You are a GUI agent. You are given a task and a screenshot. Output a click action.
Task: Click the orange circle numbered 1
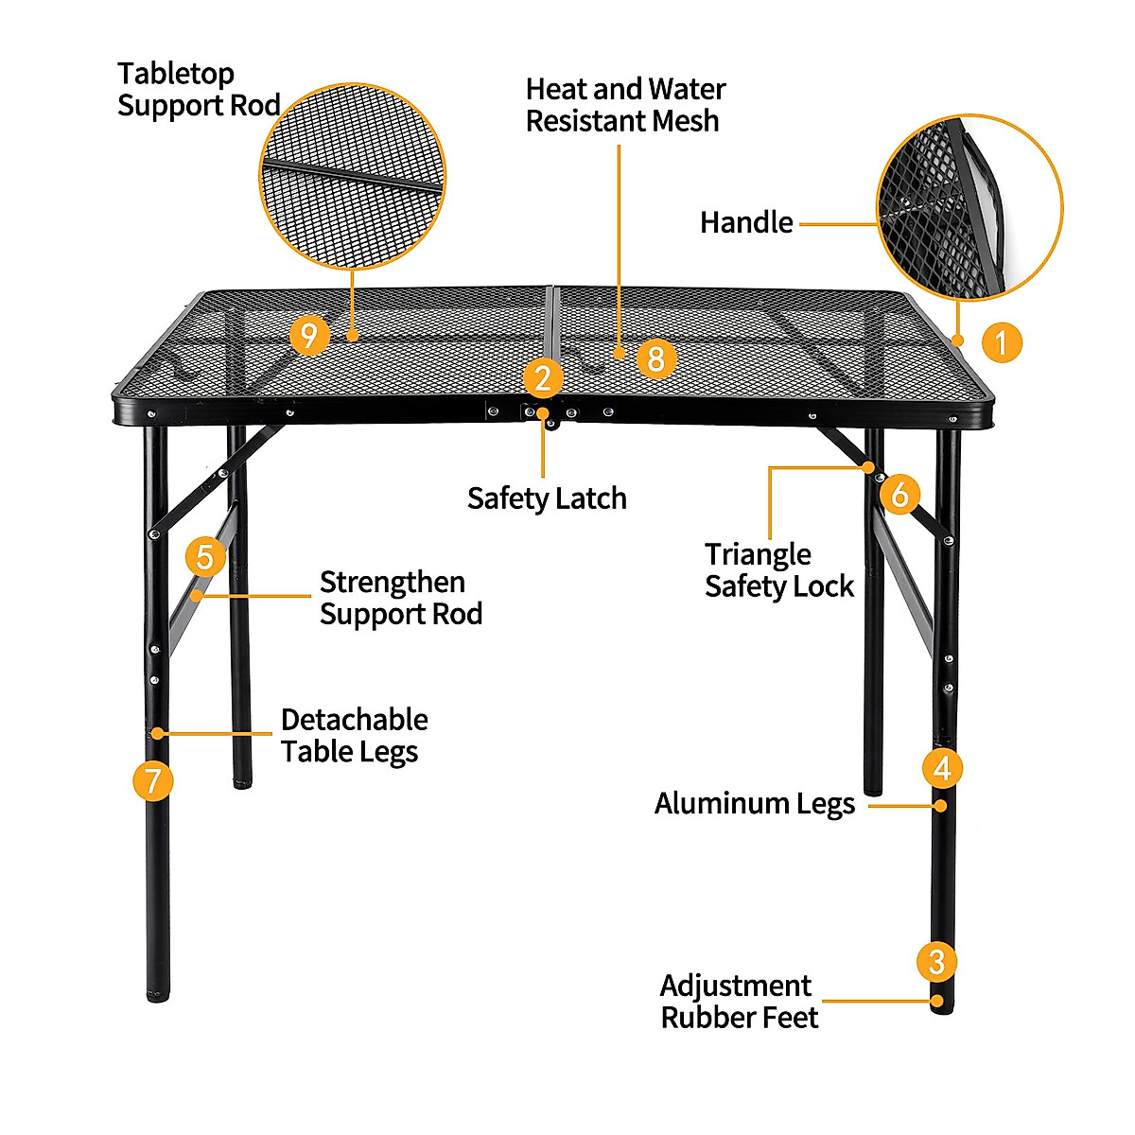(x=1002, y=341)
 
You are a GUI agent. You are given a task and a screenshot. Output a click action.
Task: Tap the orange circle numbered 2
(x=543, y=378)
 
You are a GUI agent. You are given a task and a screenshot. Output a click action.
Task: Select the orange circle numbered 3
(x=936, y=962)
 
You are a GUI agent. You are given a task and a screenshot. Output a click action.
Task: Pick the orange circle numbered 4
(x=942, y=767)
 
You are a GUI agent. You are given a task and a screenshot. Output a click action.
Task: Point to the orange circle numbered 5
(x=205, y=557)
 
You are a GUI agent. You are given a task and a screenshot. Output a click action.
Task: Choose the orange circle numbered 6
(x=899, y=494)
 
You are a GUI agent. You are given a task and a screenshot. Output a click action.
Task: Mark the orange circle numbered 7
(x=153, y=781)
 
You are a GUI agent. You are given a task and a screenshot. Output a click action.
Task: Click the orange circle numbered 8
(x=656, y=358)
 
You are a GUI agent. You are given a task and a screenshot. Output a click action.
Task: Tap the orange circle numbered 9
(x=309, y=335)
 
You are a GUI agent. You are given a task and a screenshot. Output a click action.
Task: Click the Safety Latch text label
(x=547, y=498)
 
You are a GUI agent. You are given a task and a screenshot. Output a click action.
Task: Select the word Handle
(x=746, y=222)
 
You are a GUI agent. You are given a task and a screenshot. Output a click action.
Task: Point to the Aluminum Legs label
(x=754, y=804)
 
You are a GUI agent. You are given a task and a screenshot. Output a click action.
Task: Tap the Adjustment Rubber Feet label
(x=739, y=1002)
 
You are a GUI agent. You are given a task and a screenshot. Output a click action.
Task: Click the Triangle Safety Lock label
(x=778, y=570)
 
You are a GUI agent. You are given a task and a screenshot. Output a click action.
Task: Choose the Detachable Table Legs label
(x=354, y=735)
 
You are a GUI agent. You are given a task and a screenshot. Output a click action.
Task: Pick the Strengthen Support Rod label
(x=401, y=598)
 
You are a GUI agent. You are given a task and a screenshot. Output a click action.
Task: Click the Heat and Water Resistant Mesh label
(x=625, y=105)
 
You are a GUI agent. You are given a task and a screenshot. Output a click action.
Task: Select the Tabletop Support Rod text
(x=199, y=89)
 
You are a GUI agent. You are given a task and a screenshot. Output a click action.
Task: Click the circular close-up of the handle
(x=969, y=207)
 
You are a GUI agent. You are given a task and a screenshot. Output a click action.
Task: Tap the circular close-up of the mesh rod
(x=352, y=176)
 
